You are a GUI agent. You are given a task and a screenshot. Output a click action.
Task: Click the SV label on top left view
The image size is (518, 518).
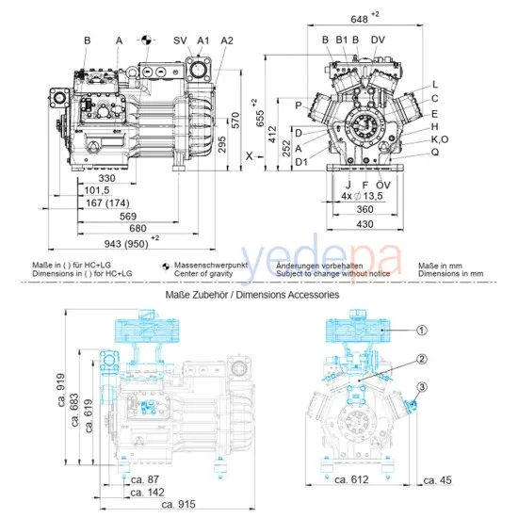[180, 40]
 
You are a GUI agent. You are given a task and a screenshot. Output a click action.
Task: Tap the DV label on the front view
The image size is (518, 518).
[378, 40]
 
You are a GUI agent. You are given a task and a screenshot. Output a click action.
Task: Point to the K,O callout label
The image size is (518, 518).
[440, 138]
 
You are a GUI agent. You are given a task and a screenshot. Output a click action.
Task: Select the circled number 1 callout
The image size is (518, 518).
[423, 331]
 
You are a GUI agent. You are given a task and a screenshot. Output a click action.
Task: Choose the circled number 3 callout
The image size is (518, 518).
[423, 386]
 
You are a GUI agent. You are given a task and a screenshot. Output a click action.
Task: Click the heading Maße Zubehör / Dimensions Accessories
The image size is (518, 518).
[251, 295]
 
